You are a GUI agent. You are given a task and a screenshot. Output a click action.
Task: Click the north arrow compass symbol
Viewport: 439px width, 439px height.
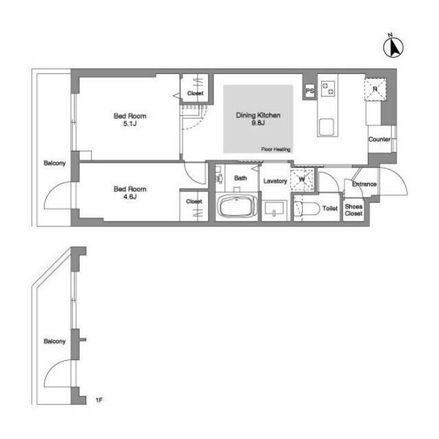pyautogui.click(x=393, y=47)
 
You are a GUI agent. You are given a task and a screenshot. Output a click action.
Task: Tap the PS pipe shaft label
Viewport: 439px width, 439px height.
pyautogui.click(x=309, y=91)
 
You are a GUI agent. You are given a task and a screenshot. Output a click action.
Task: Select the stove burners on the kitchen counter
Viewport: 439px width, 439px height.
pyautogui.click(x=328, y=88)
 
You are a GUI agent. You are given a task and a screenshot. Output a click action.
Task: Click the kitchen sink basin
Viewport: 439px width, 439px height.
pyautogui.click(x=327, y=128)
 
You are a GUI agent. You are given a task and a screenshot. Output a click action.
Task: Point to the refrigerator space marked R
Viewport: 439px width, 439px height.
pyautogui.click(x=375, y=89)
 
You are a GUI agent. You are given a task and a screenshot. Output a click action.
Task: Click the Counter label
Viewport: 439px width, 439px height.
pyautogui.click(x=379, y=139)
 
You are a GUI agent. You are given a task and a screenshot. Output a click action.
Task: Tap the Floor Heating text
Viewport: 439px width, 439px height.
pyautogui.click(x=276, y=150)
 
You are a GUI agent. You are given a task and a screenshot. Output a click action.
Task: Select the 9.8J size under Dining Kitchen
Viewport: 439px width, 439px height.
pyautogui.click(x=258, y=123)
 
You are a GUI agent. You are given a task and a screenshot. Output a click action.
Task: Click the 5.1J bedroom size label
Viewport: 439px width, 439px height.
pyautogui.click(x=130, y=123)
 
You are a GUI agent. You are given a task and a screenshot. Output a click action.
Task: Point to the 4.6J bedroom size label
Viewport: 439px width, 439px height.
pyautogui.click(x=130, y=197)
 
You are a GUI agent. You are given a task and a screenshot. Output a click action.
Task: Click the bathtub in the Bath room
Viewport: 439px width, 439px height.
pyautogui.click(x=237, y=206)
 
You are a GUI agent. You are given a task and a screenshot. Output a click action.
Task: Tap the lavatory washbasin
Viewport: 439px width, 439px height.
pyautogui.click(x=274, y=209)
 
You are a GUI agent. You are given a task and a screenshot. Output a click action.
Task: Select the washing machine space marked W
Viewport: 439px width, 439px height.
pyautogui.click(x=302, y=180)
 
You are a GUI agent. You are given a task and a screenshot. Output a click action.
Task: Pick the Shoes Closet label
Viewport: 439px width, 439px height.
pyautogui.click(x=354, y=210)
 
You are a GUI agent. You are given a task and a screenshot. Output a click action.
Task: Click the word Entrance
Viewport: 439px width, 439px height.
pyautogui.click(x=364, y=184)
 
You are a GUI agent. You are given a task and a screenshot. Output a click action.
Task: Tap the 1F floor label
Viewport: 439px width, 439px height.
pyautogui.click(x=99, y=401)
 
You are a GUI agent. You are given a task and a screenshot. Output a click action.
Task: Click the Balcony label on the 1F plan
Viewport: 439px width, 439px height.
pyautogui.click(x=55, y=342)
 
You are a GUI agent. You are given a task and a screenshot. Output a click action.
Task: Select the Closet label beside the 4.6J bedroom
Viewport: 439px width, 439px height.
pyautogui.click(x=193, y=201)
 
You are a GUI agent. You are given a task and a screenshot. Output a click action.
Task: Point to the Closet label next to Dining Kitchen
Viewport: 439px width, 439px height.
pyautogui.click(x=195, y=93)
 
